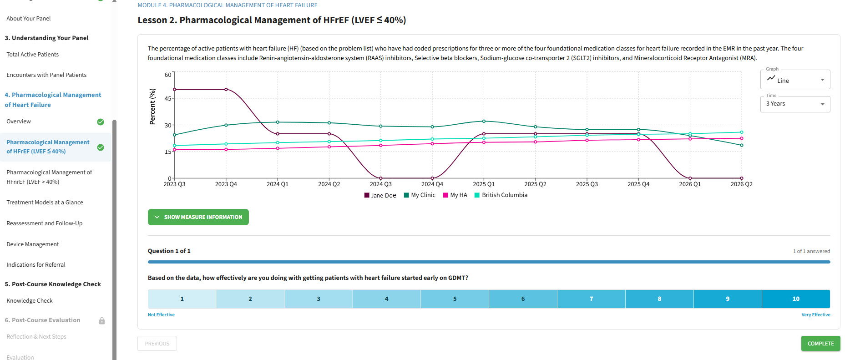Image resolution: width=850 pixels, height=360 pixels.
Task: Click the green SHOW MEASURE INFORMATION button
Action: pos(198,217)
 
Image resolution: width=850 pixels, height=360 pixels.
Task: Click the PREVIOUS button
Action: pos(157,344)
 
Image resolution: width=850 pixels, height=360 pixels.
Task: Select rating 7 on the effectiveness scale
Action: pos(591,299)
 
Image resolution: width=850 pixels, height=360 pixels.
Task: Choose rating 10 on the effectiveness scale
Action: pos(796,299)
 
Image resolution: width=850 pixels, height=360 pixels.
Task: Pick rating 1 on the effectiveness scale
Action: pos(182,299)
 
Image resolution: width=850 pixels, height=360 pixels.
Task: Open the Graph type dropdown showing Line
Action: pos(795,80)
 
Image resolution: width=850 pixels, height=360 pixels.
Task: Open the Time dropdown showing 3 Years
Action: pos(795,104)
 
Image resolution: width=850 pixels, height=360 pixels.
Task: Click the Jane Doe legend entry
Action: pos(380,195)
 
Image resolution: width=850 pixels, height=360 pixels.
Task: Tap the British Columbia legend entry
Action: pos(501,195)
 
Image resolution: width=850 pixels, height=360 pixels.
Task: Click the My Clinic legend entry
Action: pos(420,195)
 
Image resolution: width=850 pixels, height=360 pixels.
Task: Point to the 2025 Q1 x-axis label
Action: pos(484,184)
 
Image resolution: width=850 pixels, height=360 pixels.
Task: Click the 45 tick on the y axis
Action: pos(168,98)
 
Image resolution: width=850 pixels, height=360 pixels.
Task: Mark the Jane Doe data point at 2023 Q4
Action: pos(226,89)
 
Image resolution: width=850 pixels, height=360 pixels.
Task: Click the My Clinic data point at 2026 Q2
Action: pos(742,145)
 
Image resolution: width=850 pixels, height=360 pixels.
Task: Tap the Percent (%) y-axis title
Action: pos(152,106)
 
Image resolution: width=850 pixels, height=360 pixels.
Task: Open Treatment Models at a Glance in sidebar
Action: pos(45,203)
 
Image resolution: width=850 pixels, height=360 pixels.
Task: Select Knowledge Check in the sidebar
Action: pos(30,301)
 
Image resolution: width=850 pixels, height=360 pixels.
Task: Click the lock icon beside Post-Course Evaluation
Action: pos(102,321)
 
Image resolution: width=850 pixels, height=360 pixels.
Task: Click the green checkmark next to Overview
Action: pos(101,122)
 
